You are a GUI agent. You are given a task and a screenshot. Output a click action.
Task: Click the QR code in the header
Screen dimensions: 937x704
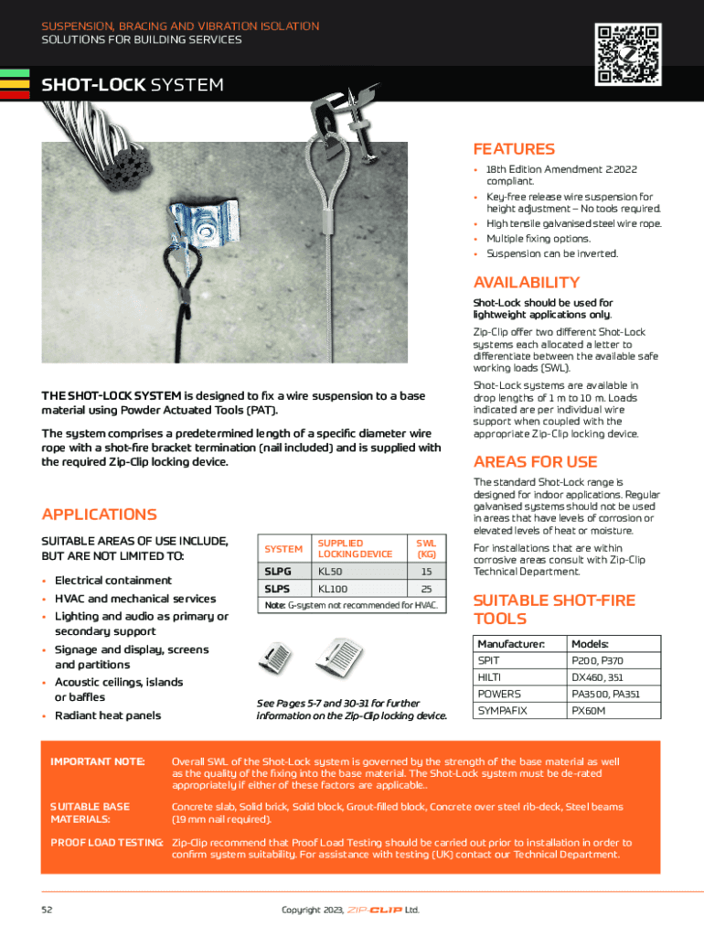[627, 55]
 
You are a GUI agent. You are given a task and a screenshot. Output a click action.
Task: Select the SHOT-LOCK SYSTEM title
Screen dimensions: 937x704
[133, 85]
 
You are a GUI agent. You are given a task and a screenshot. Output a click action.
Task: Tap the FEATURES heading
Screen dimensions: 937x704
[514, 149]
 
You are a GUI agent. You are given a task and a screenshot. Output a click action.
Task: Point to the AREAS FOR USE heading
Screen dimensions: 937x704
[535, 461]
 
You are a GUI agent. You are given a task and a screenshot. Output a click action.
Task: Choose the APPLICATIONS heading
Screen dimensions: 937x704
[100, 514]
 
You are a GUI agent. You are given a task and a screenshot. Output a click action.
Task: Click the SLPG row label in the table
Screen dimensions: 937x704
[277, 571]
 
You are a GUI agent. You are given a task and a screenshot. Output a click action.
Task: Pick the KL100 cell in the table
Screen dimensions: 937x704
[333, 588]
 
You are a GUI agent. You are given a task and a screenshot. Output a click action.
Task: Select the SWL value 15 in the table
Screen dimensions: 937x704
[425, 571]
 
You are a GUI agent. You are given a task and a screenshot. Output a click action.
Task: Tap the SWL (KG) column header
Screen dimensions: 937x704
[425, 548]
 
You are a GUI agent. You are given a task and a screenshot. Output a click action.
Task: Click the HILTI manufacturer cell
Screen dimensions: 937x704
[489, 677]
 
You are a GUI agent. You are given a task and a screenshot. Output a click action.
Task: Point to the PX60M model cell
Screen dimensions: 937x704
[589, 710]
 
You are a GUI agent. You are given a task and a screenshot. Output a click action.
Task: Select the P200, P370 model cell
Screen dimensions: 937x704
[598, 661]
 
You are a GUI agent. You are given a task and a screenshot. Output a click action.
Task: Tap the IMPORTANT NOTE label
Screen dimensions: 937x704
[98, 761]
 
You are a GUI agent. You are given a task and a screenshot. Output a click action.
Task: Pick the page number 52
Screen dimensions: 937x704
[48, 910]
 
